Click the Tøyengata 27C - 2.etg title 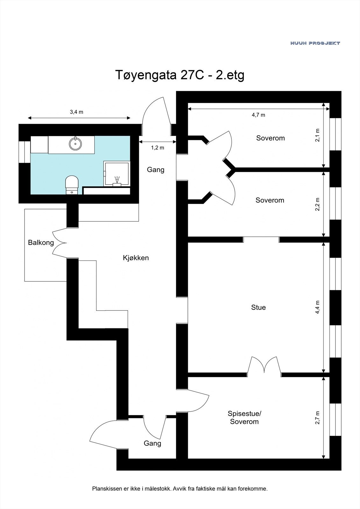click(x=179, y=75)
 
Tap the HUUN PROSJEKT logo click(x=315, y=43)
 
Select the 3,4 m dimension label click(x=76, y=112)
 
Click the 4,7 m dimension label click(x=258, y=115)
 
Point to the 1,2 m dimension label click(x=158, y=148)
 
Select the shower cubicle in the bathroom click(x=116, y=174)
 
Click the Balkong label click(x=41, y=242)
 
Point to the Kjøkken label click(x=136, y=258)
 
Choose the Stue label click(x=258, y=307)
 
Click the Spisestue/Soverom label click(x=244, y=417)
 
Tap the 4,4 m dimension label click(x=317, y=307)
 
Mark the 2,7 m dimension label click(x=317, y=417)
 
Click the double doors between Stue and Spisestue click(x=264, y=365)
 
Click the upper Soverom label click(x=270, y=138)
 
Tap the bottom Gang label click(x=152, y=443)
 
